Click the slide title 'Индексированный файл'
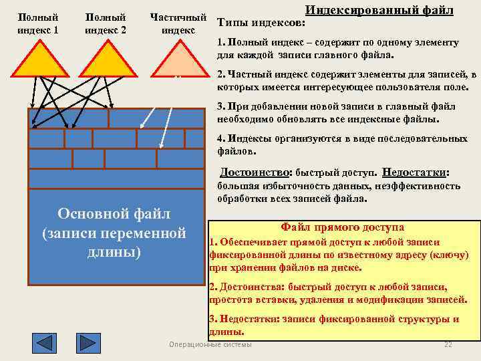pyautogui.click(x=379, y=10)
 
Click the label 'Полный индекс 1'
pyautogui.click(x=37, y=23)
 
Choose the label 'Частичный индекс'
pyautogui.click(x=178, y=23)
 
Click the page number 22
pyautogui.click(x=448, y=344)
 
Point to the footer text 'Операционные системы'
pyautogui.click(x=211, y=344)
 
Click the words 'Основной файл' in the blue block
pyautogui.click(x=114, y=214)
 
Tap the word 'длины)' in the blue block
pyautogui.click(x=114, y=253)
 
